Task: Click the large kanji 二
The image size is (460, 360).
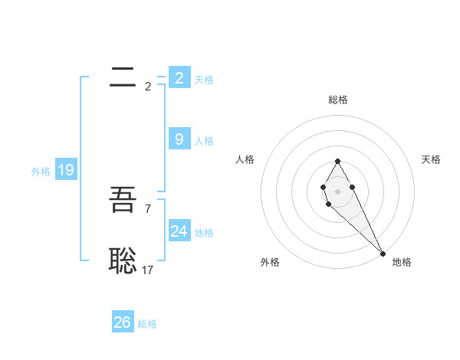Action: (x=123, y=77)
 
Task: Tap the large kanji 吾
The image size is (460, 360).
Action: (x=123, y=201)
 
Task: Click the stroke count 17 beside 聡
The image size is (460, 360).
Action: (x=148, y=270)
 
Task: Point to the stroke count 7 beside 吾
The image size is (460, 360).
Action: (x=147, y=208)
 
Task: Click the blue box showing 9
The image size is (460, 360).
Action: (x=179, y=139)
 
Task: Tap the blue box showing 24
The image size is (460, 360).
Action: (x=179, y=231)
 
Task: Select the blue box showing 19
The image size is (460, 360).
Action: (x=66, y=170)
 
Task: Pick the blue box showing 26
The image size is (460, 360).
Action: (x=123, y=322)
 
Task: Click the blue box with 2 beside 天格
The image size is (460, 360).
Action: (x=179, y=77)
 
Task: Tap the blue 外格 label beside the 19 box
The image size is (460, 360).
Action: (x=41, y=172)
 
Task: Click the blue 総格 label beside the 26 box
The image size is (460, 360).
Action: (x=147, y=324)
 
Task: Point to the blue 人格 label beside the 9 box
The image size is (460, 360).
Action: (x=204, y=141)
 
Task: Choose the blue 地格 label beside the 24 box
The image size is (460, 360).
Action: (x=204, y=233)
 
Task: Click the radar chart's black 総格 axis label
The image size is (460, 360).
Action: (x=337, y=100)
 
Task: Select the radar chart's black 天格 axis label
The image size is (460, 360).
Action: (x=431, y=159)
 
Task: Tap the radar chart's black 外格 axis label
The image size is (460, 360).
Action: (x=270, y=262)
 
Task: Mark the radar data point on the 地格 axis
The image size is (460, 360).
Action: (x=383, y=254)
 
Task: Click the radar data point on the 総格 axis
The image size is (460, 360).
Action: (x=337, y=161)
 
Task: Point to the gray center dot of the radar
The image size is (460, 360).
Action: (x=337, y=191)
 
